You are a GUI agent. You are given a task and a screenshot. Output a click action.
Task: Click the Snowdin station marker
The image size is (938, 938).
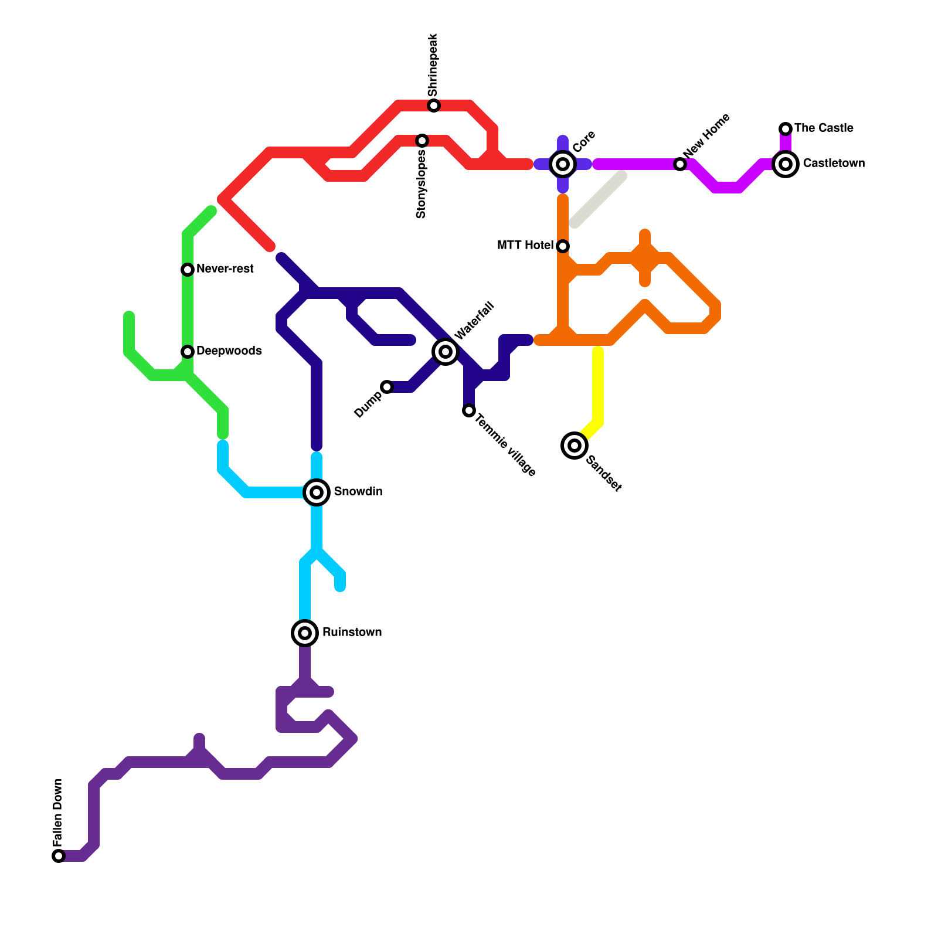317,492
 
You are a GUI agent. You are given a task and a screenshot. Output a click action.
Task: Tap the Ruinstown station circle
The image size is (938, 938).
305,633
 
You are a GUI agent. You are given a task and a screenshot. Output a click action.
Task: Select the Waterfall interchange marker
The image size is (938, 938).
446,351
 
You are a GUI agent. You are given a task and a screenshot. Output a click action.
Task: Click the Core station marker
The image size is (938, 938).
563,164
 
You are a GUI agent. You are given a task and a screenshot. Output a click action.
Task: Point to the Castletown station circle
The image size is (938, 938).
786,164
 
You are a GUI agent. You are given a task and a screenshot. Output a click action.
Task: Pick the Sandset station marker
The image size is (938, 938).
575,446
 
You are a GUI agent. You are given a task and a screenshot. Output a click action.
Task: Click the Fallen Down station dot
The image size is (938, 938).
59,856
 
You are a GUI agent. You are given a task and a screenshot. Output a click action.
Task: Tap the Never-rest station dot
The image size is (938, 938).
188,270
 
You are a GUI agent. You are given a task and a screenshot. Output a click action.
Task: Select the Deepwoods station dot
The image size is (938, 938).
188,352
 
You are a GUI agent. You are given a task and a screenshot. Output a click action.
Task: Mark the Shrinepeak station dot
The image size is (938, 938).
434,106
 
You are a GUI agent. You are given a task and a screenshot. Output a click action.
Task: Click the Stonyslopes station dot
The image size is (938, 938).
422,141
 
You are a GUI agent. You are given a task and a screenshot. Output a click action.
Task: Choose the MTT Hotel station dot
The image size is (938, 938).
563,246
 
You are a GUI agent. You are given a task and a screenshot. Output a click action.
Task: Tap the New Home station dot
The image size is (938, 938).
680,164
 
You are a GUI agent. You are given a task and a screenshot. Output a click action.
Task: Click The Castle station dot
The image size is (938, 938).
786,129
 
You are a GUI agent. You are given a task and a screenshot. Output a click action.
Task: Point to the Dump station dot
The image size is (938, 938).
387,387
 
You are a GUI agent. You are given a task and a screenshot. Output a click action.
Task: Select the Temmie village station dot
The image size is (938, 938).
469,410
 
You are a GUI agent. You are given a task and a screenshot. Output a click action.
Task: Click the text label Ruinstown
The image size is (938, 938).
352,632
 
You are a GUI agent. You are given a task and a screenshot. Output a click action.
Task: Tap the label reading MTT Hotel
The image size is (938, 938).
525,245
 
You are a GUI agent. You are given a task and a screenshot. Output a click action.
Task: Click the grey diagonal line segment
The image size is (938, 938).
598,199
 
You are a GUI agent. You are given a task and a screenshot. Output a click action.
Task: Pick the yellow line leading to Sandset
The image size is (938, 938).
598,387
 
